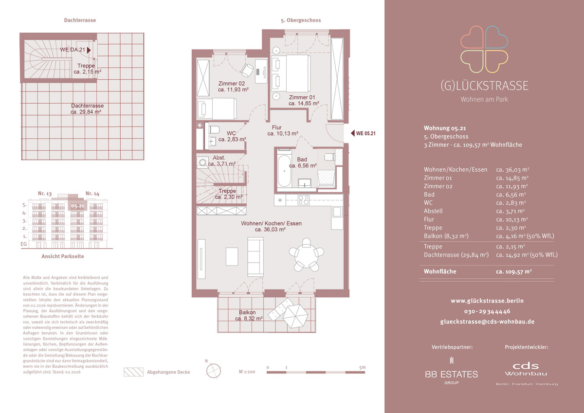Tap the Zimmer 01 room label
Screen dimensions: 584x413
[302, 97]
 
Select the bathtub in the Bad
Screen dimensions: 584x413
[284, 171]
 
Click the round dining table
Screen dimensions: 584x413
[306, 253]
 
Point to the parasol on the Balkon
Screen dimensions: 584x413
[295, 316]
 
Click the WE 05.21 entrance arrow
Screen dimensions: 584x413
[352, 133]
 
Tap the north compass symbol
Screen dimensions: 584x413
[213, 370]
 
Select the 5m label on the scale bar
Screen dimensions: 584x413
[363, 367]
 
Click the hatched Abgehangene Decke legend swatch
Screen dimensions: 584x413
[133, 372]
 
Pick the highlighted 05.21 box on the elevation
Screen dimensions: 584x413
[78, 206]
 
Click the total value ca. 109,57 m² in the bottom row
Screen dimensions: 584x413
[514, 271]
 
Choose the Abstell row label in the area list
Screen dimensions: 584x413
[433, 211]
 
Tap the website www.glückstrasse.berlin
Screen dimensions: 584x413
[487, 301]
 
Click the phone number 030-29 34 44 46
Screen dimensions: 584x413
[487, 311]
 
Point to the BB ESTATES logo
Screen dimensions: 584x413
[452, 371]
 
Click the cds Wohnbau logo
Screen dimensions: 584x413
[526, 374]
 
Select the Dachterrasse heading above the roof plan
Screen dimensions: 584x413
[80, 20]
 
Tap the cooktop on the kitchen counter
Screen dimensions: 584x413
[304, 200]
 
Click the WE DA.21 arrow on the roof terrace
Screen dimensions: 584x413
[89, 50]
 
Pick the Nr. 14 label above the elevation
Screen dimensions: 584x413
[92, 194]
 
